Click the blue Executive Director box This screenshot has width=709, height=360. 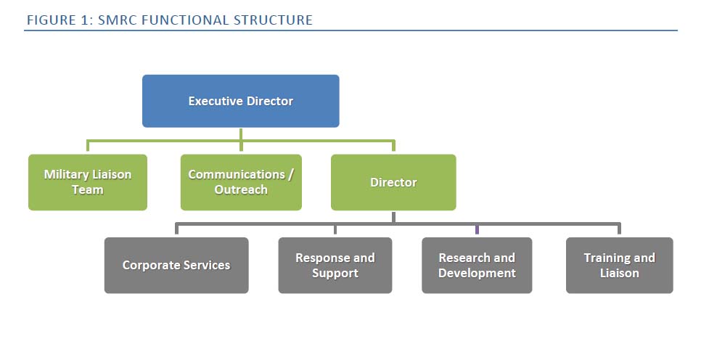coord(240,101)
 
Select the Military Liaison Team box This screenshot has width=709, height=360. coord(88,182)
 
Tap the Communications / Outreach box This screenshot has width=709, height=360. coord(241,182)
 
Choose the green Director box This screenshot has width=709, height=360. coord(393,182)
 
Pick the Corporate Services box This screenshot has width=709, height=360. coord(176,266)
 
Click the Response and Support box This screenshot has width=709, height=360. coord(335,266)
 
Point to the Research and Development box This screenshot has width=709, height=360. coord(477,266)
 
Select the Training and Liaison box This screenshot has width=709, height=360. coord(619,266)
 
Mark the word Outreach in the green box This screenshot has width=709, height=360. coord(241,190)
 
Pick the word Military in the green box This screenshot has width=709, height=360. coord(67,175)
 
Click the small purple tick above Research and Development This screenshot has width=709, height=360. coord(477,230)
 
